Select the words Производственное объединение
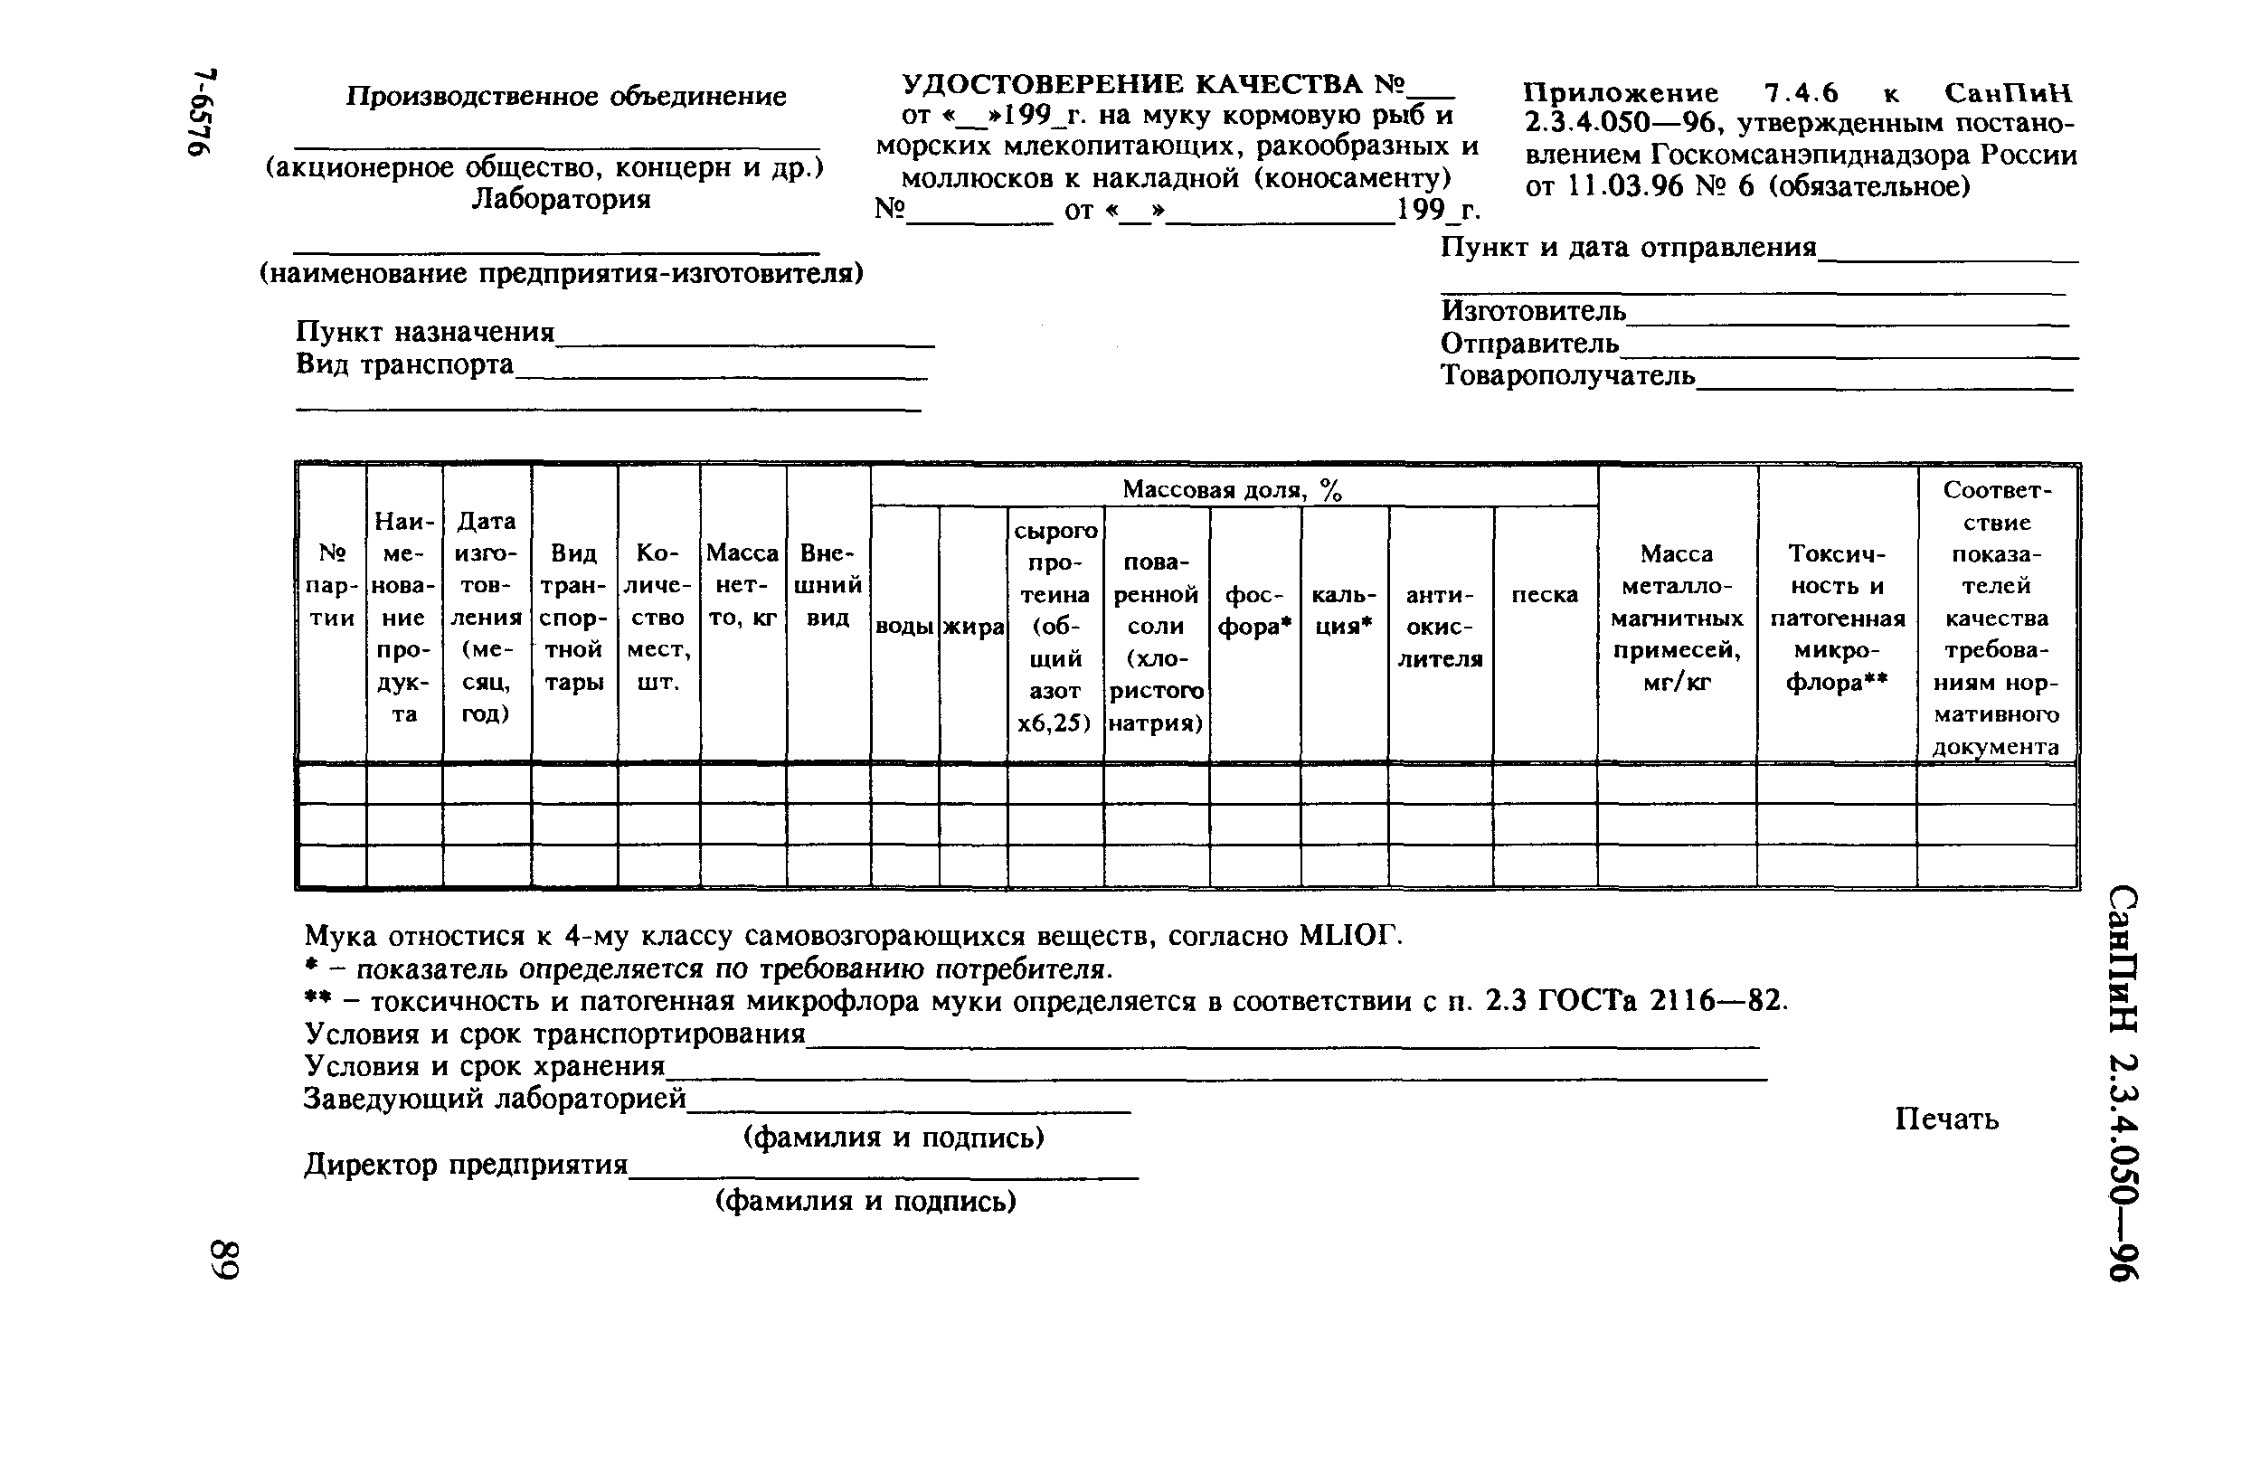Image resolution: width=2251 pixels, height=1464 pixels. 565,97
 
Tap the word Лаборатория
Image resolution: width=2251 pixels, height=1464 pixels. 561,200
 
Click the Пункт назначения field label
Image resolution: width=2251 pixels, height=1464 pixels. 426,332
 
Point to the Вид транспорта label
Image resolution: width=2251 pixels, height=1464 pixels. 405,364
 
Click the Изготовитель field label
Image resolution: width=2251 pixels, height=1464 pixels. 1533,310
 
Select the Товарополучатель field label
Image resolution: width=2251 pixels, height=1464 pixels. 1567,375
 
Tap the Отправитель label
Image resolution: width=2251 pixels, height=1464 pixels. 1529,343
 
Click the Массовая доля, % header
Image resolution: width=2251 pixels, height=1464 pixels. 1232,490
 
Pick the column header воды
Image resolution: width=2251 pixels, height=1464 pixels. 904,626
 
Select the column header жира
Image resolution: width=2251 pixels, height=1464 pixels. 972,626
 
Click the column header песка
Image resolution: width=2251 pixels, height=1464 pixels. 1545,595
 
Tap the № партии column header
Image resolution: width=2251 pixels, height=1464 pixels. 332,585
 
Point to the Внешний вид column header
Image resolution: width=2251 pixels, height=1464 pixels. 828,585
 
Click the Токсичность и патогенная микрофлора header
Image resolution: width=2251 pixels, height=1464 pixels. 1837,618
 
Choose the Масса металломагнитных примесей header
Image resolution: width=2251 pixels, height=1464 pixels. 1677,618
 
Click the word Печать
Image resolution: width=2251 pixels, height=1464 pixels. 1946,1119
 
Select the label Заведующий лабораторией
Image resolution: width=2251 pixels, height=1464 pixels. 495,1099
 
